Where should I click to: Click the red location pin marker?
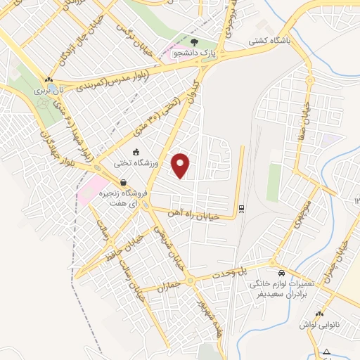click(x=182, y=165)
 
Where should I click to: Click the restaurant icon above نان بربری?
click(x=49, y=79)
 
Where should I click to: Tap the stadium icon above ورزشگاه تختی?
click(x=136, y=152)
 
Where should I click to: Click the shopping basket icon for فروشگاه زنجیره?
click(x=123, y=183)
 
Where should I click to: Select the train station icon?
click(x=241, y=208)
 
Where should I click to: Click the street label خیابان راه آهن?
click(x=195, y=214)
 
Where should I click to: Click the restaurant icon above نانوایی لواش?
click(x=320, y=314)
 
